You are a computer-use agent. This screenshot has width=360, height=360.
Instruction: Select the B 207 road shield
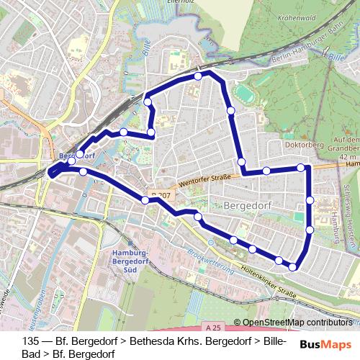[161, 195]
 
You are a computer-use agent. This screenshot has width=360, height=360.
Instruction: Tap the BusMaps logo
[325, 345]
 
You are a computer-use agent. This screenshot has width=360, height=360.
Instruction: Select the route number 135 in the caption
[30, 341]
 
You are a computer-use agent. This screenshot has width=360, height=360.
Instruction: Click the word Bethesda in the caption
[152, 341]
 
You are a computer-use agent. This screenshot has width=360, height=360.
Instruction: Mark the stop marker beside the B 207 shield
[146, 199]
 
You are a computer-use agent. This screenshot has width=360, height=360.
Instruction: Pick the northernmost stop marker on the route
[198, 76]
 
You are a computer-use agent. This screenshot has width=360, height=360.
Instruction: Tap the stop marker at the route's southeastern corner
[292, 267]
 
